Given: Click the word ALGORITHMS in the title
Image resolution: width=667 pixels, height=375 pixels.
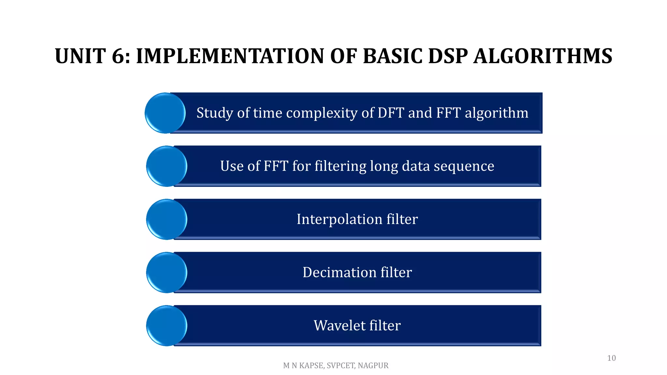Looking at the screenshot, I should [543, 56].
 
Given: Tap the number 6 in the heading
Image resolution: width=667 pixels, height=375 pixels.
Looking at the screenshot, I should [119, 56].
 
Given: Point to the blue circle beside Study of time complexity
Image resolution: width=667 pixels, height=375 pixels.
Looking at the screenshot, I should [165, 113].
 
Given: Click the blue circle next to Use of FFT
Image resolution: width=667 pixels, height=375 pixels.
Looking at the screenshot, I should [166, 166].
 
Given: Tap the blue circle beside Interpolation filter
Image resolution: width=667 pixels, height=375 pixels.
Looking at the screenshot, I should [166, 219].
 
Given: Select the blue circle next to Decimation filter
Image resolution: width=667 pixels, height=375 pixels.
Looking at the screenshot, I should [166, 272].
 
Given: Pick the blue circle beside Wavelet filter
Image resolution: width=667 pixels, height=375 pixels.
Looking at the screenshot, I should [166, 326].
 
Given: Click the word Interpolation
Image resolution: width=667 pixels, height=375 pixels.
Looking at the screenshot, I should [339, 219].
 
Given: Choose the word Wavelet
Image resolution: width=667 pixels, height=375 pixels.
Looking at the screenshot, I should [339, 326].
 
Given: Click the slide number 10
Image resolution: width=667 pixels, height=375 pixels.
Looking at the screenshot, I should [611, 358].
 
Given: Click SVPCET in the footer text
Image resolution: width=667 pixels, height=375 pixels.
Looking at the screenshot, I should [341, 366].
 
